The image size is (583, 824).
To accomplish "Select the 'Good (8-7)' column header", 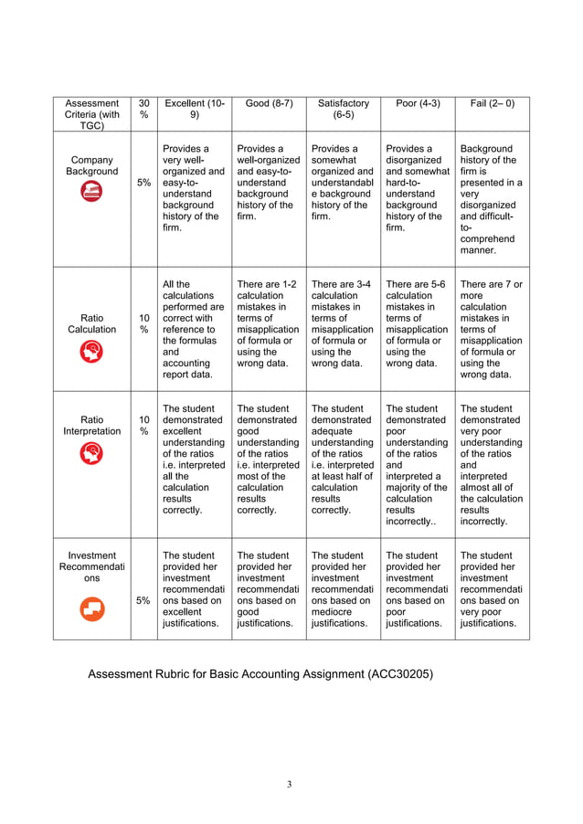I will [269, 103].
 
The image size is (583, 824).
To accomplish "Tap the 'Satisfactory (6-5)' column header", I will [343, 110].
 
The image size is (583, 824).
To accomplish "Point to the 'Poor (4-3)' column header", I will [418, 103].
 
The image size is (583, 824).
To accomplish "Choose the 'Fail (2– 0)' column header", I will [491, 103].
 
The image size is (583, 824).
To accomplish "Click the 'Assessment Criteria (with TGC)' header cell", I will [91, 114].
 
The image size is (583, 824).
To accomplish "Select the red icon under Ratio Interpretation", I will [91, 452].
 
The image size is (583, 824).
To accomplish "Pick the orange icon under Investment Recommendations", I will [91, 610].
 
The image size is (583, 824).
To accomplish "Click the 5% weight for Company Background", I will [143, 183].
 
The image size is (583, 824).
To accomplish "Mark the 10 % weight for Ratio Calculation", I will [143, 322].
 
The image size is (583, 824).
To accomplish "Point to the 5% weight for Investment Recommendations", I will [143, 600].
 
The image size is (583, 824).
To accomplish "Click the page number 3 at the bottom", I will [290, 784].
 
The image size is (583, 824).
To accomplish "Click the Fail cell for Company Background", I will [491, 198].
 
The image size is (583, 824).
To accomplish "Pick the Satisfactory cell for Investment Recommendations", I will [343, 589].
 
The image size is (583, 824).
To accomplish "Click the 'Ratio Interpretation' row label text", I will [91, 425].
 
